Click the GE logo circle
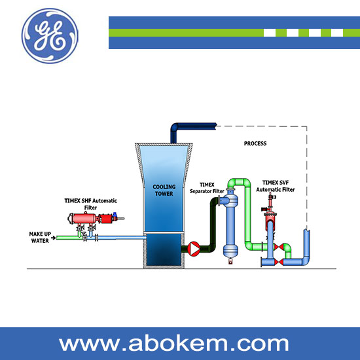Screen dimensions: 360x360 click(50, 36)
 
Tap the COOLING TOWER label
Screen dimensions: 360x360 click(164, 190)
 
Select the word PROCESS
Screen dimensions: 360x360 click(255, 143)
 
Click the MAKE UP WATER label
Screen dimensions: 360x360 click(40, 238)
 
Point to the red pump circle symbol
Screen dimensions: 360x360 click(194, 249)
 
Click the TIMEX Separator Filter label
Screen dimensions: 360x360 click(207, 188)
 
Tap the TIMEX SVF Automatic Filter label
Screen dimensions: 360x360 click(276, 186)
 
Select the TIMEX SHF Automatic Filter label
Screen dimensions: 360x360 click(91, 204)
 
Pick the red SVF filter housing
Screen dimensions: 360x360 click(270, 221)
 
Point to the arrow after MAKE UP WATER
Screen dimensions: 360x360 click(53, 238)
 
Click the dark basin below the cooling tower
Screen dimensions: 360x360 click(164, 250)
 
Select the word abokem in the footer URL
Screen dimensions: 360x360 click(175, 344)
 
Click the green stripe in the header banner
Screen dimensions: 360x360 click(234, 33)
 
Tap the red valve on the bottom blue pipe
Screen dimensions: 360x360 click(279, 262)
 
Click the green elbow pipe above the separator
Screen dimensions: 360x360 click(239, 183)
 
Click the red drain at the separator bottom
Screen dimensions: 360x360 click(230, 261)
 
